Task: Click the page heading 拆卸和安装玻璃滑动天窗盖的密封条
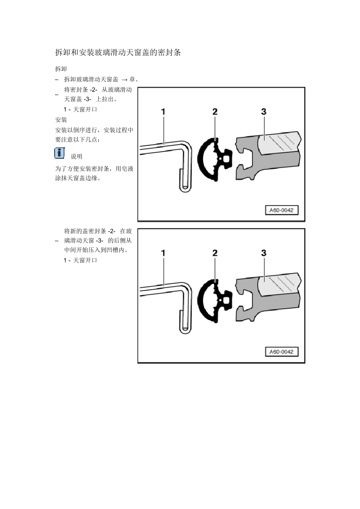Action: point(118,53)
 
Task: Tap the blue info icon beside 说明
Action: point(59,153)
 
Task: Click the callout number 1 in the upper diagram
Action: point(163,112)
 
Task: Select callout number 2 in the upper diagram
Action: point(215,112)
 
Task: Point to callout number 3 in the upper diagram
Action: point(264,112)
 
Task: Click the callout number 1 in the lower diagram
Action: point(163,253)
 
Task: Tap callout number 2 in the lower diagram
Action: point(215,253)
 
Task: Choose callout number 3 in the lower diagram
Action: point(264,253)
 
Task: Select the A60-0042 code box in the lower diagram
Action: point(281,352)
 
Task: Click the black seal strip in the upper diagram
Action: point(207,159)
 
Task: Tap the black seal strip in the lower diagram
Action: point(207,301)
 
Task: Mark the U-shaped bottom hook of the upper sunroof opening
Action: point(185,188)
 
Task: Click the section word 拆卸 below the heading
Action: point(61,69)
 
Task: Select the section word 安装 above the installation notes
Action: point(61,120)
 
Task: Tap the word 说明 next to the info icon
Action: point(77,156)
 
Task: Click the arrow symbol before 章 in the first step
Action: point(124,80)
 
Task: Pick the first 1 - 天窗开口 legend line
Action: point(80,109)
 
